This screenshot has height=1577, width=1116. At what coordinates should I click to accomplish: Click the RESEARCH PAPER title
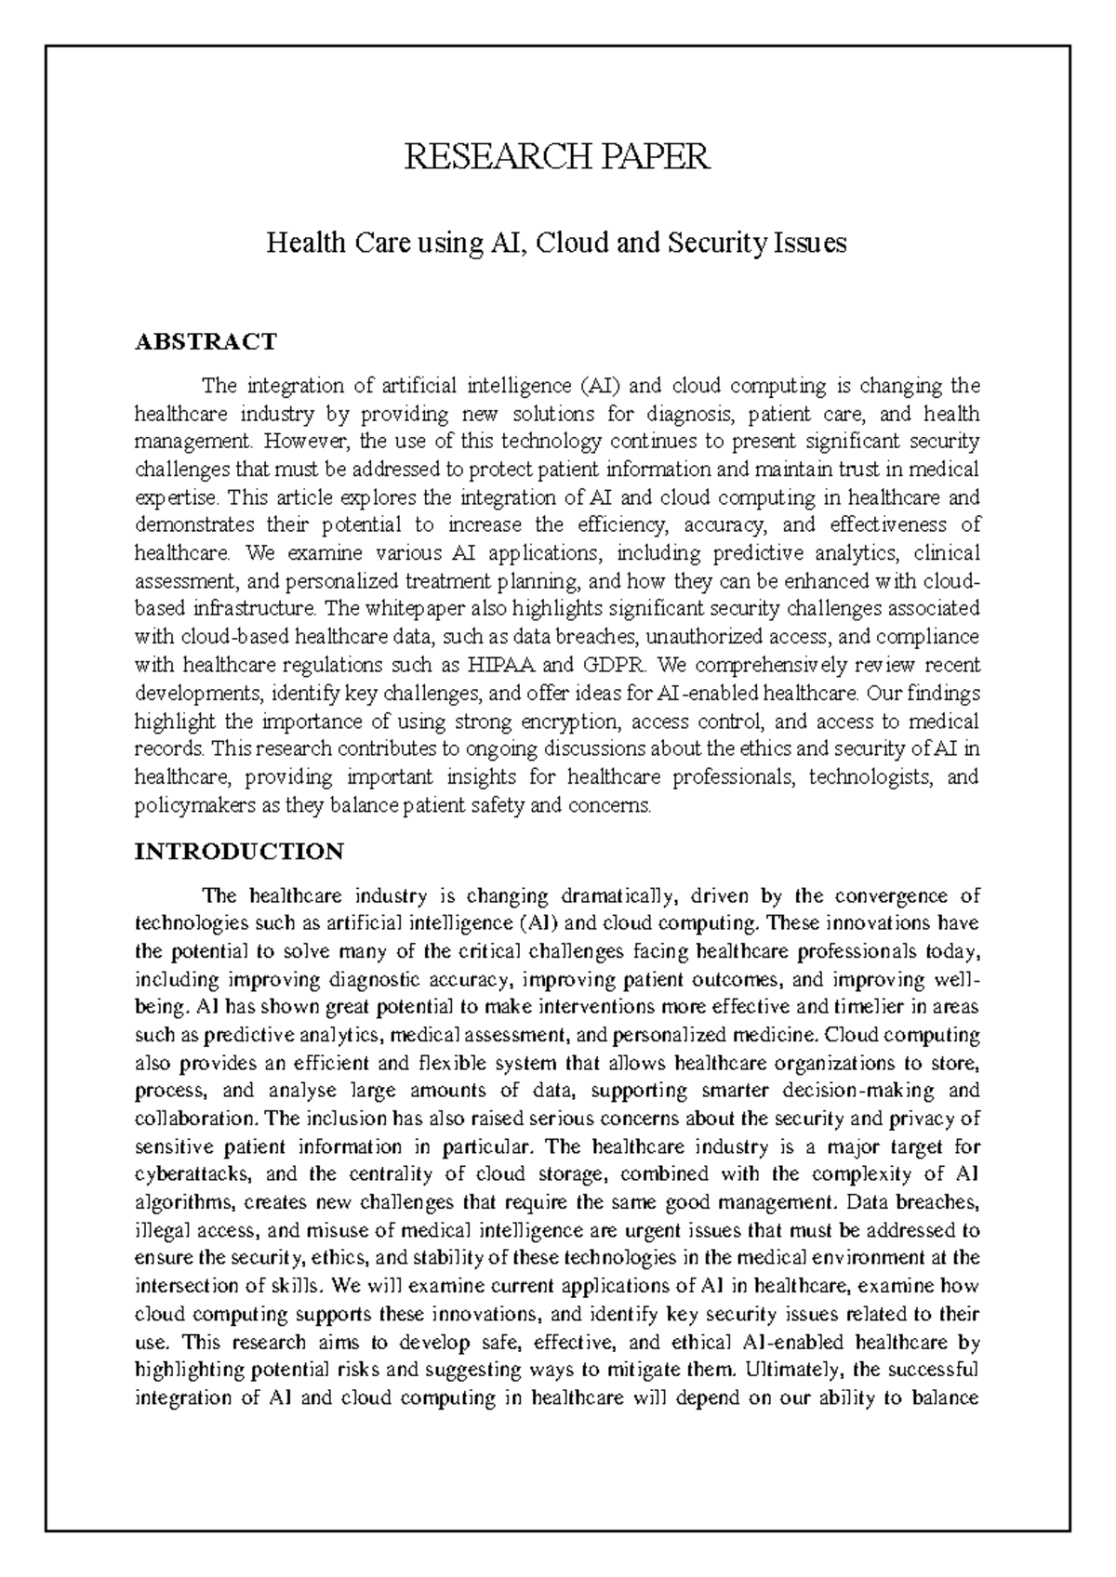click(x=557, y=157)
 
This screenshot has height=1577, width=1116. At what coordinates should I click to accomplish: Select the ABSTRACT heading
click(x=206, y=341)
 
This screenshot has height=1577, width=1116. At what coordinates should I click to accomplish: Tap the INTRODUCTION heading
click(x=239, y=851)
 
